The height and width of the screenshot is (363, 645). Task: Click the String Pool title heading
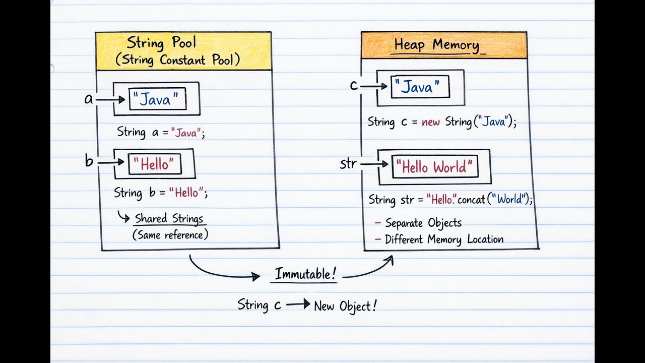(x=162, y=42)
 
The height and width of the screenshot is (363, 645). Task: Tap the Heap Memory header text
(x=436, y=45)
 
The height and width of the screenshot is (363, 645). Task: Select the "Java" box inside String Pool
(x=157, y=99)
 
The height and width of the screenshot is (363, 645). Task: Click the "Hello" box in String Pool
(x=155, y=164)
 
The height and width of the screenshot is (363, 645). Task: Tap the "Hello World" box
(x=435, y=167)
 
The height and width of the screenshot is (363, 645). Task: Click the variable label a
(x=89, y=99)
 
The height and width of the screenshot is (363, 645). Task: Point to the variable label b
(x=89, y=162)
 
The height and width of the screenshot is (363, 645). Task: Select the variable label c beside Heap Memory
(x=354, y=86)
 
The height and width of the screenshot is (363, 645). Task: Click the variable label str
(x=348, y=164)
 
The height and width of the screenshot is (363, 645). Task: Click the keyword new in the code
(x=431, y=122)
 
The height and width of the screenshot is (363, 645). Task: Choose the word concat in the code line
(x=471, y=199)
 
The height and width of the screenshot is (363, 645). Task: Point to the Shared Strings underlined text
(x=169, y=219)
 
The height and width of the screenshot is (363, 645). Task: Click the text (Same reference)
(x=170, y=235)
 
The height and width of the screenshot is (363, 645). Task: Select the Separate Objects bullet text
(x=423, y=223)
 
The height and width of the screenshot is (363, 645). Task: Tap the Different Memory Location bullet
(x=444, y=239)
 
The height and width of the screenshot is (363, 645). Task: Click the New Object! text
(x=345, y=306)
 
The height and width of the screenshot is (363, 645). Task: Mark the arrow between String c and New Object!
(x=298, y=305)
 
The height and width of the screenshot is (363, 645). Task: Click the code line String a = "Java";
(x=161, y=133)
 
